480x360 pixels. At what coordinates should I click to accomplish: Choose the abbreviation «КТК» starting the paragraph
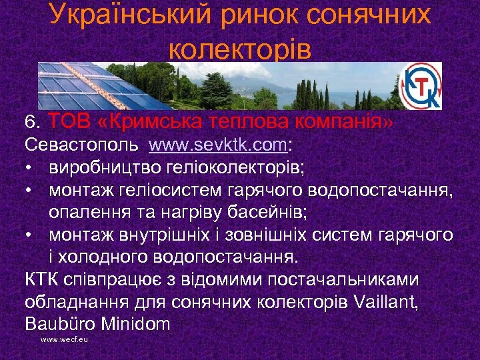(43, 279)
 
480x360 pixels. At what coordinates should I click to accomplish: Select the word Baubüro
(55, 325)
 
